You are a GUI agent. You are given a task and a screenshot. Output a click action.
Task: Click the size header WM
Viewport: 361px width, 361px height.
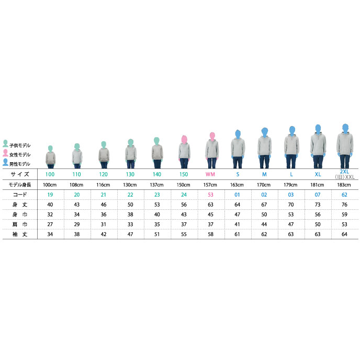(210, 174)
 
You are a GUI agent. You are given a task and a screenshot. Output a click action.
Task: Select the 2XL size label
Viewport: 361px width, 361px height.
(344, 172)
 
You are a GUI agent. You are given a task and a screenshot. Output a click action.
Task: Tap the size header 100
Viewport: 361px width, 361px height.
(50, 174)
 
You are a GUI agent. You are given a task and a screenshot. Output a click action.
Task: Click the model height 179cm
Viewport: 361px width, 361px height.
(290, 185)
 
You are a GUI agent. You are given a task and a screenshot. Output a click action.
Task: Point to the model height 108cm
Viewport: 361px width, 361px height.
(76, 185)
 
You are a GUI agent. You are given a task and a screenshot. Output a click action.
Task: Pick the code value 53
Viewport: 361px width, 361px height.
(210, 195)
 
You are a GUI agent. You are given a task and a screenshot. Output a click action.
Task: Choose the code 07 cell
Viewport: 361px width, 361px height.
(318, 195)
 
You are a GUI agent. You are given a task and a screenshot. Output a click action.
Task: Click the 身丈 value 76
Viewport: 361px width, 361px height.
(344, 205)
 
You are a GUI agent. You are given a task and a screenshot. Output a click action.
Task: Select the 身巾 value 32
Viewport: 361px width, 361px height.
(50, 215)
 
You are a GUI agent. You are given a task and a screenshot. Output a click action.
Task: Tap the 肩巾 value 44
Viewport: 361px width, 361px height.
(264, 224)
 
